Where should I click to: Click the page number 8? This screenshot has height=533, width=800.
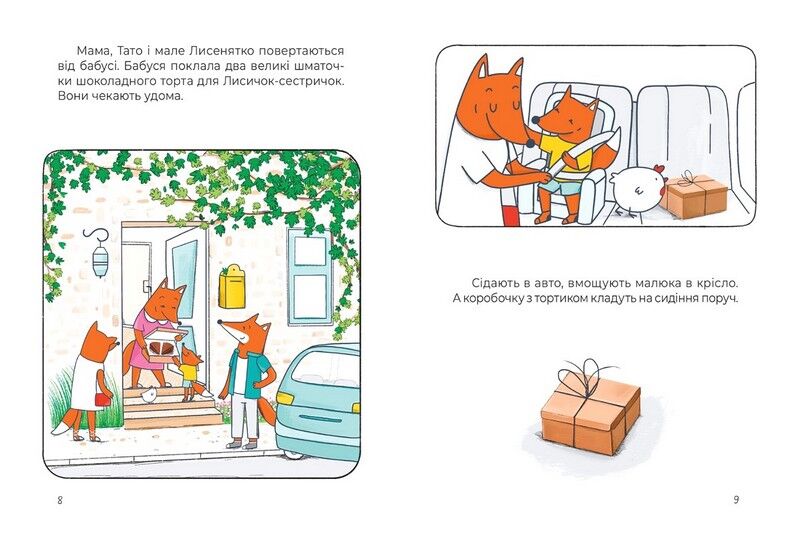[61, 499]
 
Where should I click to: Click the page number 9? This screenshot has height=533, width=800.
[736, 499]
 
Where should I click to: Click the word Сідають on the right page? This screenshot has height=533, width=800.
[493, 283]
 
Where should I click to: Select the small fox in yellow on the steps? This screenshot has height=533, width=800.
[189, 370]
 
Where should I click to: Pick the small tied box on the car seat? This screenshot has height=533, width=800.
[695, 194]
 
